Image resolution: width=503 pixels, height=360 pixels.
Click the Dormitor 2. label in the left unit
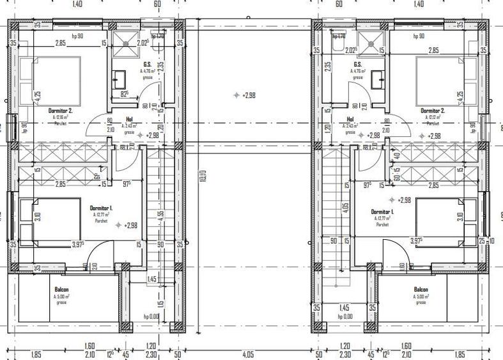click(61, 110)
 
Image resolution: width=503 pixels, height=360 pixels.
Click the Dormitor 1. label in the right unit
click(382, 211)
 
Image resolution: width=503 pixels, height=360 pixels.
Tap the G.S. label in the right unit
click(358, 64)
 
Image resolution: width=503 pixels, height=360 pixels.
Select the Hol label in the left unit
click(129, 120)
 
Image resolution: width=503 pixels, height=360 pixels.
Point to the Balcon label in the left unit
click(61, 289)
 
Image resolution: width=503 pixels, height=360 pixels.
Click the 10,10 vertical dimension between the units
click(202, 174)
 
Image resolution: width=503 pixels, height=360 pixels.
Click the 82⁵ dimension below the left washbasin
click(125, 94)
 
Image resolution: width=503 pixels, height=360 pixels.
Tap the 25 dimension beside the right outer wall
click(482, 241)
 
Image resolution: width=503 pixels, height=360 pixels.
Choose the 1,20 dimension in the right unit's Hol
click(327, 127)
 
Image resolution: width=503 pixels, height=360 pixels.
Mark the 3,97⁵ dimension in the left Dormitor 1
click(78, 244)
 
